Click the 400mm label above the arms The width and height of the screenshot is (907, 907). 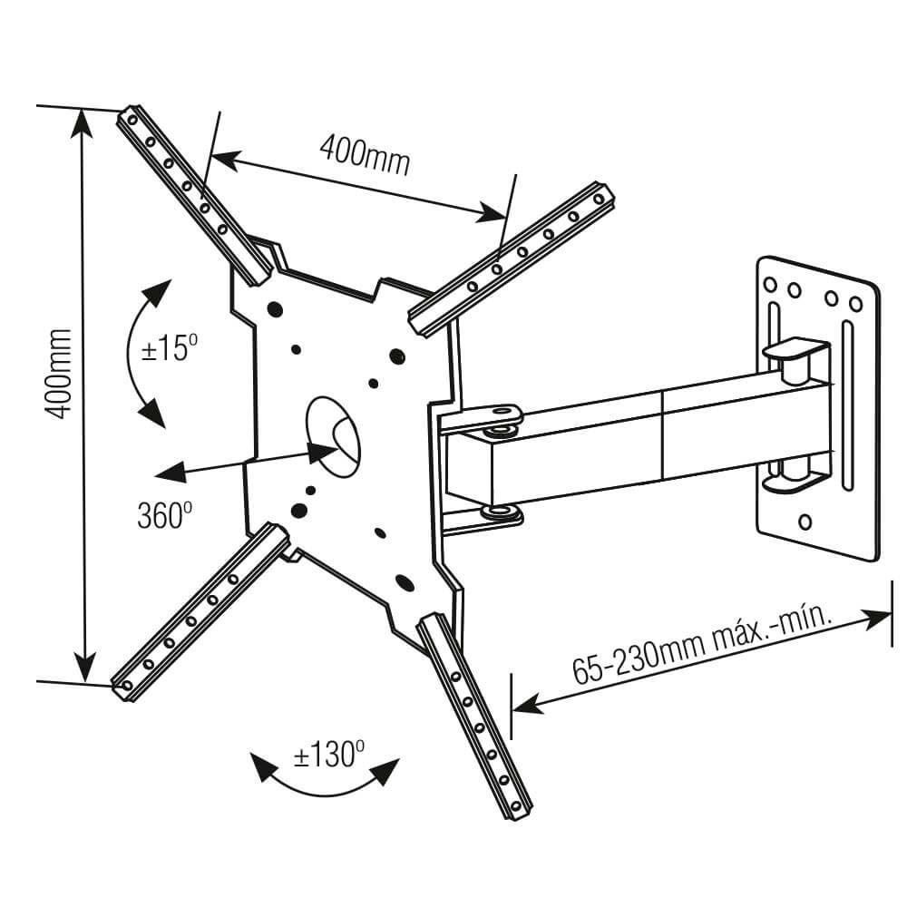pos(364,157)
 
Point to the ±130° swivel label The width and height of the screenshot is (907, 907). pos(327,755)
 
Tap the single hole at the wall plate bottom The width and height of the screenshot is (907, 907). pos(804,522)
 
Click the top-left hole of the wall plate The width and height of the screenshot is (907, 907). pos(771,284)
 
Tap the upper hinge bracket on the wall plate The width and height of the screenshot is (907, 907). pos(795,350)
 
